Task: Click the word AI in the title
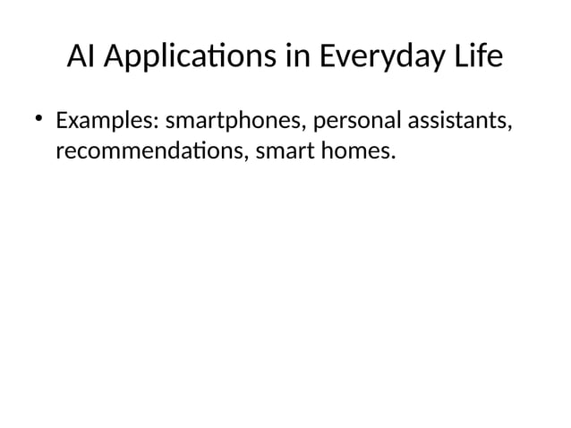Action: tap(81, 58)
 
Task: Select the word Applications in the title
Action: tap(187, 58)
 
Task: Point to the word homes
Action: tap(358, 152)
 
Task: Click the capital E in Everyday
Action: tap(328, 58)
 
